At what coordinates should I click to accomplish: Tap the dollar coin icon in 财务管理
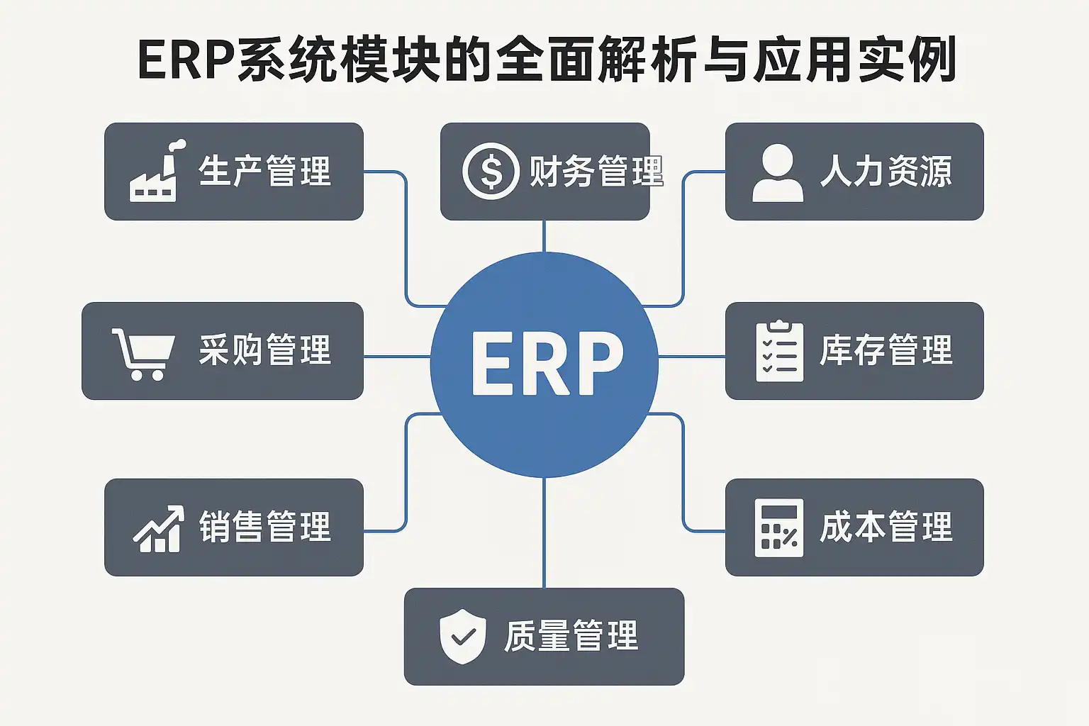[491, 171]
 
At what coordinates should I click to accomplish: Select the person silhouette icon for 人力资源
[778, 172]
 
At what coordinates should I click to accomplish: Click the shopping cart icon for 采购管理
[143, 352]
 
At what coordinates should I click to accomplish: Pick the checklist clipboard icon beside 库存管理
[779, 351]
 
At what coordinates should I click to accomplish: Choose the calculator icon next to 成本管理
[778, 527]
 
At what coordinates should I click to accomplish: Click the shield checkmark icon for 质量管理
[463, 636]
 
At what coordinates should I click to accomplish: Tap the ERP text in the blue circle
[547, 364]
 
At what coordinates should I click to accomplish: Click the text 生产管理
[264, 172]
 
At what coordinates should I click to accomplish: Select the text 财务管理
[596, 172]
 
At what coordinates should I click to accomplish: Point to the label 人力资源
[886, 172]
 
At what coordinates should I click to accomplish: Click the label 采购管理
[264, 350]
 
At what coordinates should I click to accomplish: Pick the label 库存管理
[886, 350]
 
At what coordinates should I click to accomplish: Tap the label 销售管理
[264, 527]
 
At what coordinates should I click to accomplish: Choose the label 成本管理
[886, 527]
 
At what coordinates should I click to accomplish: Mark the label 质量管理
[571, 636]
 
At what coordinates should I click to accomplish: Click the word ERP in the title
[186, 60]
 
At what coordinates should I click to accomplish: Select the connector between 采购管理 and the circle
[397, 356]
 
